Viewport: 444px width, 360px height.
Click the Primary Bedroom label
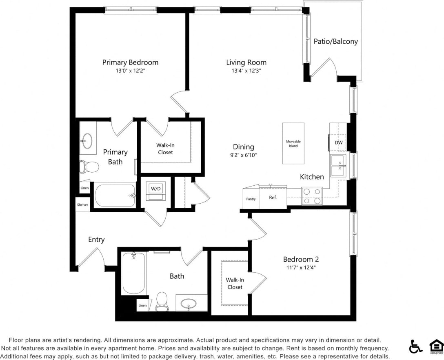pos(130,62)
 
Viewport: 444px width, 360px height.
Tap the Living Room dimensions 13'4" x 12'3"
pos(246,70)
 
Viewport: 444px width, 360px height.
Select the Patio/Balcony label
pos(335,41)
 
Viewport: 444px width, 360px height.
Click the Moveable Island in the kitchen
pos(293,144)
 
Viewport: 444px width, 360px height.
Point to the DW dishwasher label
pos(339,143)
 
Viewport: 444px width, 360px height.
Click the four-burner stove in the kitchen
pos(312,196)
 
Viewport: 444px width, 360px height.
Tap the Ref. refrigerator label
pos(273,198)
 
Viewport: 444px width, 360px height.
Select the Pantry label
pos(251,199)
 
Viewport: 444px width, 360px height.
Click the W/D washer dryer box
pos(155,189)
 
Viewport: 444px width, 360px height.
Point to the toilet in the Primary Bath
pos(89,167)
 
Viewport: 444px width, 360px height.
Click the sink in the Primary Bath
pos(87,141)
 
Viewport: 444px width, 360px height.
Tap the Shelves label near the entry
pos(82,205)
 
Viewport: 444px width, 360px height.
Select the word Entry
pos(96,240)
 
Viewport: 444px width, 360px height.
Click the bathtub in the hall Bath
pos(133,273)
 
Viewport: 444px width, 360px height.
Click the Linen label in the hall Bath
pos(142,306)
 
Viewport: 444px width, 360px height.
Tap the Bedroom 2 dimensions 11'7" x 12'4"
pos(301,268)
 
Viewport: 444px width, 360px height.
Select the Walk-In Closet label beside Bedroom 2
pos(235,283)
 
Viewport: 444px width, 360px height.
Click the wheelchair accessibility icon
pos(415,347)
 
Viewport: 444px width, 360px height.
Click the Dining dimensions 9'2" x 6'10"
pos(244,155)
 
